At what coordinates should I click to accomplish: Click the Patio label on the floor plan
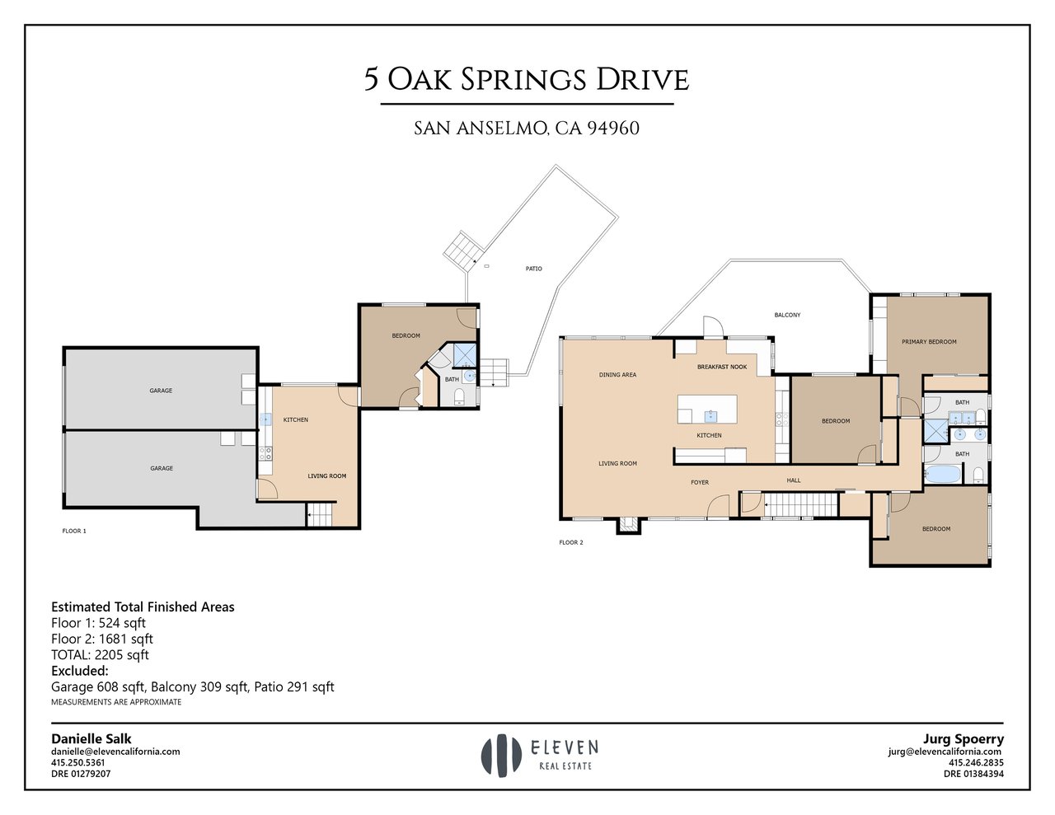point(533,269)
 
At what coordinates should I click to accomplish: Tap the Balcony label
point(787,315)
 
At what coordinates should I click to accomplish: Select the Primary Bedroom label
point(929,342)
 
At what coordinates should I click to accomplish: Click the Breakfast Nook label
point(722,367)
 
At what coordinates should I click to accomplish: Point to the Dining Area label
point(617,375)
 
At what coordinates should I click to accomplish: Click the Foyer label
point(700,483)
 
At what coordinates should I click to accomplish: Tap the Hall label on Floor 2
point(794,480)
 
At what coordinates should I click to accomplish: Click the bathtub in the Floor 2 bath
point(943,474)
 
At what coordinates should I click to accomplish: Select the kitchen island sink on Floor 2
point(710,416)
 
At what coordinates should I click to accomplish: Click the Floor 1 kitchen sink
point(265,419)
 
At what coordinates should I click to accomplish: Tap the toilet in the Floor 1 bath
point(459,398)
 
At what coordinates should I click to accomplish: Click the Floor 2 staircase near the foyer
point(801,504)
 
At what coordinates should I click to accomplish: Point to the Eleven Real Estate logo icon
point(501,756)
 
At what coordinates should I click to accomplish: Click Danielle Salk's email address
point(115,752)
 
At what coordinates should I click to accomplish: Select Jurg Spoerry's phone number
point(976,762)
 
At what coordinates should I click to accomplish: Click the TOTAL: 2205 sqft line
point(100,655)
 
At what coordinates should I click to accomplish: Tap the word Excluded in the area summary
point(80,671)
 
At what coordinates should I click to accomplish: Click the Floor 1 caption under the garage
point(74,531)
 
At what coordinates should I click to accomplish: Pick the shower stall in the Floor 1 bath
point(465,356)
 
